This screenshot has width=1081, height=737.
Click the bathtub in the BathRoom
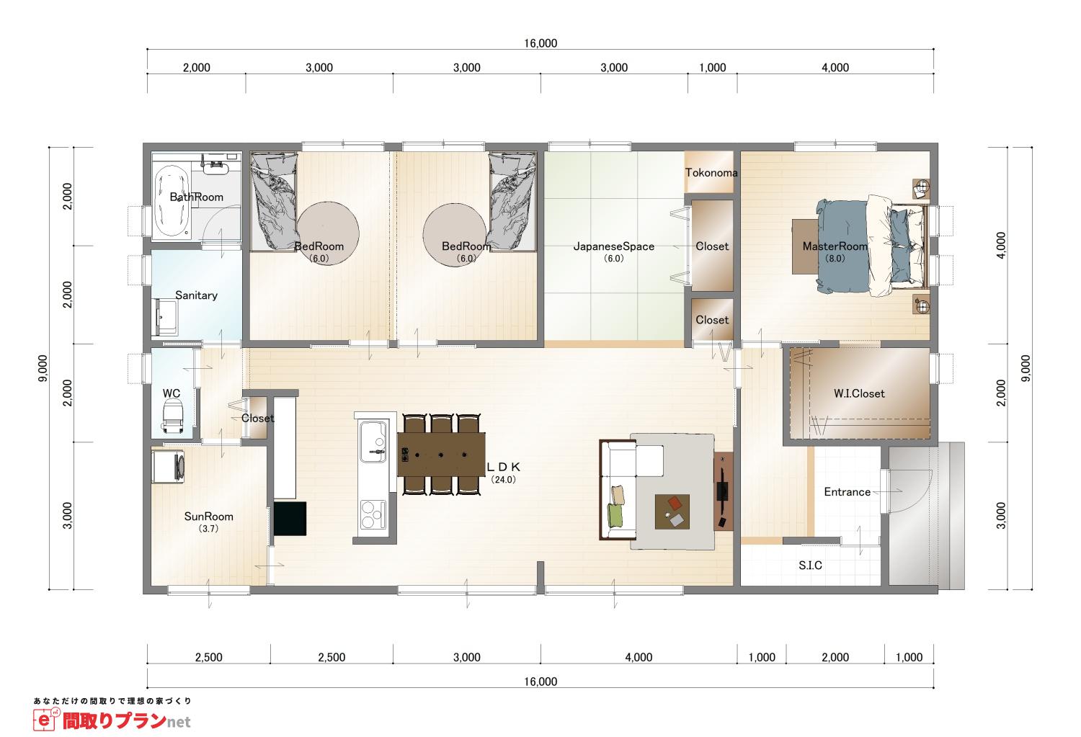[172, 201]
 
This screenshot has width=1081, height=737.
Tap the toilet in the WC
[172, 418]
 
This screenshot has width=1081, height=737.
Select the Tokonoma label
[711, 173]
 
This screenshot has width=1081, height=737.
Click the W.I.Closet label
[859, 393]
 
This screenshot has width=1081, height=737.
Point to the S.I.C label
[810, 566]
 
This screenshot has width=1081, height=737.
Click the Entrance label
[847, 492]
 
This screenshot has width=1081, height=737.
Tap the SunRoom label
[208, 517]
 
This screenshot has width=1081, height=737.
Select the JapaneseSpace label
[614, 246]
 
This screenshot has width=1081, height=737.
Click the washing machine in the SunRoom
[168, 466]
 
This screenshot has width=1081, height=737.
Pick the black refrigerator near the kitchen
[290, 519]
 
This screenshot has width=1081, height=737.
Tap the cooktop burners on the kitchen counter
[373, 514]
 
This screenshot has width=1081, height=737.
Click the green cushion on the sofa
[615, 514]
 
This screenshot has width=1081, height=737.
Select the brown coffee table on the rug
[672, 512]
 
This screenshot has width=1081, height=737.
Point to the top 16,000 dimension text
[540, 43]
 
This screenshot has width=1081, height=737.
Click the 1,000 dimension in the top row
[712, 68]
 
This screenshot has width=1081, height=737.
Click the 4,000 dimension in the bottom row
[639, 657]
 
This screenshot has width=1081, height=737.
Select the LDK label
[503, 467]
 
